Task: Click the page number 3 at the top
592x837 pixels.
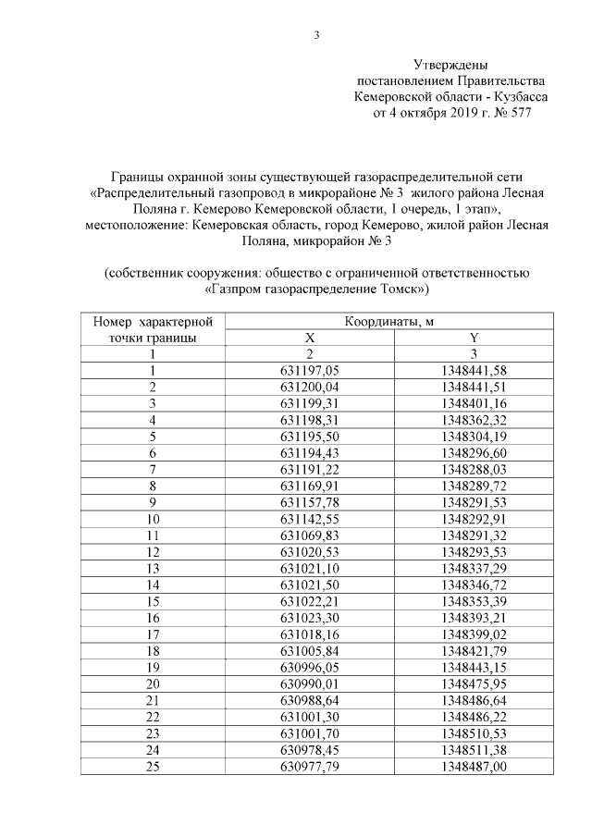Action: pyautogui.click(x=315, y=36)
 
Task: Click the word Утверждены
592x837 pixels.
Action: pyautogui.click(x=451, y=65)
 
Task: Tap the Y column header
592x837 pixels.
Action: pyautogui.click(x=474, y=338)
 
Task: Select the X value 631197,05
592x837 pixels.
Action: pyautogui.click(x=311, y=370)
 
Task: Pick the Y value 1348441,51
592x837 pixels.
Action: pyautogui.click(x=474, y=386)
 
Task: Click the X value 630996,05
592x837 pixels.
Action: pyautogui.click(x=311, y=665)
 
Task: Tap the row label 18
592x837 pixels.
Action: pyautogui.click(x=153, y=649)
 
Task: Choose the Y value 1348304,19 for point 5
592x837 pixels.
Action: pyautogui.click(x=474, y=436)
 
